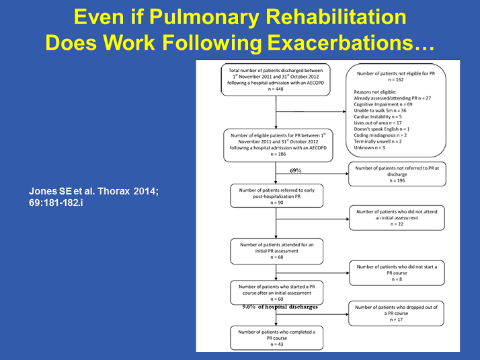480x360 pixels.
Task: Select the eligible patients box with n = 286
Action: [275, 145]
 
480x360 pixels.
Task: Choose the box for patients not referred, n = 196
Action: [395, 174]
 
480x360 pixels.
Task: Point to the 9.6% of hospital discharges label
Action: [280, 307]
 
